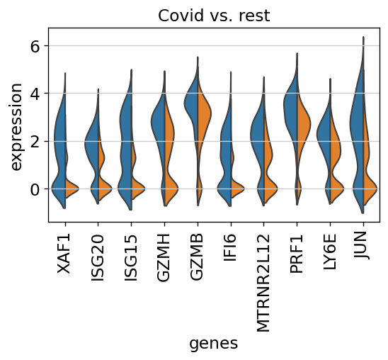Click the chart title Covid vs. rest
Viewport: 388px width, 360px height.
pyautogui.click(x=214, y=16)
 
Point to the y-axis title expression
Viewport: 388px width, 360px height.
pyautogui.click(x=16, y=127)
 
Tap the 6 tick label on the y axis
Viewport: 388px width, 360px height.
pyautogui.click(x=35, y=46)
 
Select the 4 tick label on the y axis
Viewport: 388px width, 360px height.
pyautogui.click(x=35, y=94)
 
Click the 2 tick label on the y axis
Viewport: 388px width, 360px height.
pyautogui.click(x=35, y=142)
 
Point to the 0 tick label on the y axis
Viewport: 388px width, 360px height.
pyautogui.click(x=35, y=189)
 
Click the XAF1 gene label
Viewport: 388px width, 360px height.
pyautogui.click(x=64, y=253)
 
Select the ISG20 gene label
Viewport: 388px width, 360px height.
pyautogui.click(x=97, y=258)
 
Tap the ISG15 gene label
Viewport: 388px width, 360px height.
pyautogui.click(x=130, y=258)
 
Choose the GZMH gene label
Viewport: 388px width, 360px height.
pyautogui.click(x=164, y=257)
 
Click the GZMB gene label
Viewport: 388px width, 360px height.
pyautogui.click(x=197, y=257)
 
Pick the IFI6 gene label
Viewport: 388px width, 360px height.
pyautogui.click(x=230, y=247)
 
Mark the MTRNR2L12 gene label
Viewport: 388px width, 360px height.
pyautogui.click(x=263, y=283)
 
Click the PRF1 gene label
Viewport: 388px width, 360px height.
pyautogui.click(x=297, y=253)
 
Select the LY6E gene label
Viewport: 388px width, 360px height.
pyautogui.click(x=330, y=252)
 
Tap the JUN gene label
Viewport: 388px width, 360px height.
pyautogui.click(x=362, y=245)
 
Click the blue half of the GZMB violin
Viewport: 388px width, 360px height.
pyautogui.click(x=192, y=104)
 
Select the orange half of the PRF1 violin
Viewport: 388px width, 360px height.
pyautogui.click(x=303, y=124)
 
